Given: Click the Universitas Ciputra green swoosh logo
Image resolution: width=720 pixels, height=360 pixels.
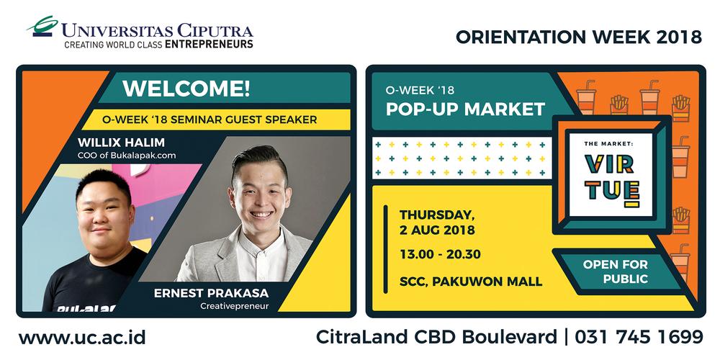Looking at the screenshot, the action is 43,26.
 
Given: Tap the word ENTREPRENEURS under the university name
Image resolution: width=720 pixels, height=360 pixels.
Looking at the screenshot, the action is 209,45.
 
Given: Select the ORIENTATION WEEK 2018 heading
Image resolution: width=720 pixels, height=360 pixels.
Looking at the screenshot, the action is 579,37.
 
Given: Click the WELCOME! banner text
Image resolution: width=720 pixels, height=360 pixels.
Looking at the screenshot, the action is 186,89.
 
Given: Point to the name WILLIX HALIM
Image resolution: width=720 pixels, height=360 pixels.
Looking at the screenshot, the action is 121,142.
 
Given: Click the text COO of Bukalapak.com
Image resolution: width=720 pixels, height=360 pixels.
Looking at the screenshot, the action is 127,156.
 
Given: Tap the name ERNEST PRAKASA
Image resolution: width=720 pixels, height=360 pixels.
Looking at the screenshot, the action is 211,293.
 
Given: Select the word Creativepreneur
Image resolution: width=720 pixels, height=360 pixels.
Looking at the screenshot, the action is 235,305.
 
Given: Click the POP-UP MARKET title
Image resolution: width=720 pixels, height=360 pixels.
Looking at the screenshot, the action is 465,109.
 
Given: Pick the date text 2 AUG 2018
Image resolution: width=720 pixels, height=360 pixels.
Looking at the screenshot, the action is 437,230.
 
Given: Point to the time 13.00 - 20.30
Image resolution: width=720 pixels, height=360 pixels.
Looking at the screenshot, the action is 440,254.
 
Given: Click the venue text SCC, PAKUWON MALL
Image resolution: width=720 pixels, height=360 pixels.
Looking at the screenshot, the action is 471,281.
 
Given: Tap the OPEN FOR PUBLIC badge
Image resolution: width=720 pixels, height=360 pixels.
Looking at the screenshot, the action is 616,271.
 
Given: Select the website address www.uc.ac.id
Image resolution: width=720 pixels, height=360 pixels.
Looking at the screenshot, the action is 82,338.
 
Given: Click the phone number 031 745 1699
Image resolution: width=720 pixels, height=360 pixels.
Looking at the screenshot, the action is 639,337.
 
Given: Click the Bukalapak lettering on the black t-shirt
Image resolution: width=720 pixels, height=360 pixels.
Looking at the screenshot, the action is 86,308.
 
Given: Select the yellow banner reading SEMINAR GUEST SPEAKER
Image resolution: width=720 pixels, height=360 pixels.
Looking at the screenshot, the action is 216,120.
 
